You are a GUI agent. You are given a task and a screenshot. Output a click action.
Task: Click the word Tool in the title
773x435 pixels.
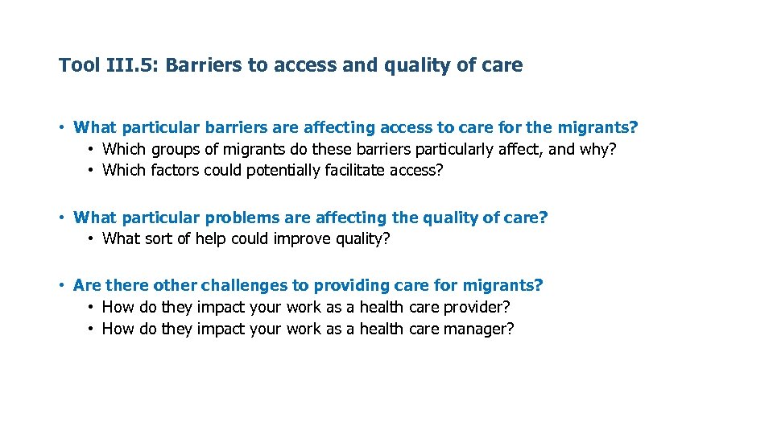[79, 65]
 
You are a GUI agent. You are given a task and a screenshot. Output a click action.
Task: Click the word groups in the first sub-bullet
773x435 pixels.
[174, 149]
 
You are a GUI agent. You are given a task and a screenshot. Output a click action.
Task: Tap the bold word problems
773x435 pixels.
[242, 217]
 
